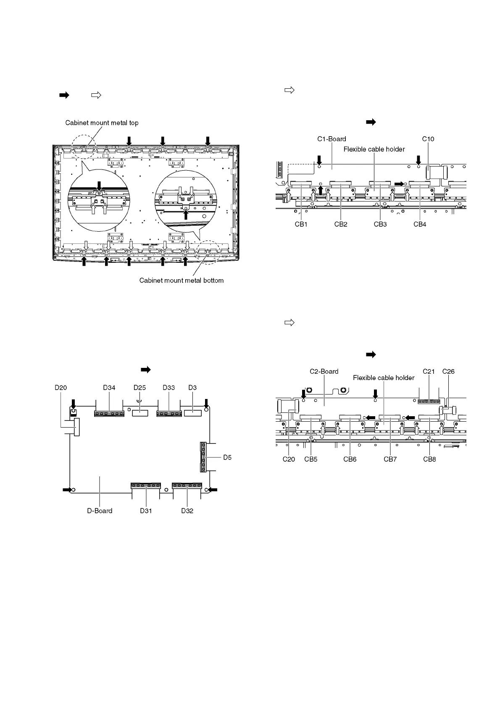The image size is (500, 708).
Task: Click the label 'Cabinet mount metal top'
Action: pyautogui.click(x=102, y=123)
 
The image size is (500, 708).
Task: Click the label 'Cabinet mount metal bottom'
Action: pyautogui.click(x=182, y=280)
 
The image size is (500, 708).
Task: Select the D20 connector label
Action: pyautogui.click(x=61, y=388)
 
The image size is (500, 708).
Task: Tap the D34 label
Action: pyautogui.click(x=109, y=388)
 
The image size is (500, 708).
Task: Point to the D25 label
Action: pyautogui.click(x=139, y=388)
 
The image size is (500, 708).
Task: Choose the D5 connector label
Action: pyautogui.click(x=227, y=457)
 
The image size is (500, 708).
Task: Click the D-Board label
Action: pyautogui.click(x=100, y=511)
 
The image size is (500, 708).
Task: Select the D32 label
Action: pyautogui.click(x=187, y=511)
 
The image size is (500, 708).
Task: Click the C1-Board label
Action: pyautogui.click(x=332, y=139)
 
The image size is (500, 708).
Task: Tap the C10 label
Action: pyautogui.click(x=428, y=139)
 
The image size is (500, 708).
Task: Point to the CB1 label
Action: pyautogui.click(x=301, y=225)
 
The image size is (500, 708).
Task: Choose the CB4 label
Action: pyautogui.click(x=420, y=225)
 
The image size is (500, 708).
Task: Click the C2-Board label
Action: pyautogui.click(x=324, y=372)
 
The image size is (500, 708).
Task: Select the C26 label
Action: pyautogui.click(x=448, y=372)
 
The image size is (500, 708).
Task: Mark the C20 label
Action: pyautogui.click(x=289, y=459)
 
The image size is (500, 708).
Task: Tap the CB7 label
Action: pyautogui.click(x=390, y=459)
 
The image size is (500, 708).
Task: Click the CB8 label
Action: pyautogui.click(x=429, y=459)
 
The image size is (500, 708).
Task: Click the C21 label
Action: pyautogui.click(x=429, y=372)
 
